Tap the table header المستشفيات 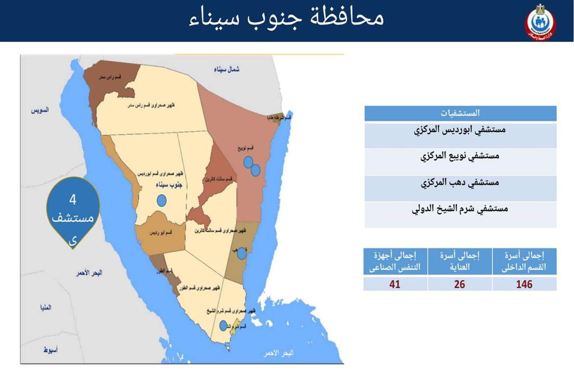pyautogui.click(x=460, y=113)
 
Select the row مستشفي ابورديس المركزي pyautogui.click(x=460, y=131)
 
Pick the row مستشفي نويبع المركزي pyautogui.click(x=460, y=157)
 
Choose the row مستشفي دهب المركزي pyautogui.click(x=460, y=183)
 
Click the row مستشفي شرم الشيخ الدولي pyautogui.click(x=460, y=209)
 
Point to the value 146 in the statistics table pyautogui.click(x=524, y=284)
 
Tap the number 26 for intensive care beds pyautogui.click(x=460, y=284)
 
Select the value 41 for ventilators pyautogui.click(x=395, y=284)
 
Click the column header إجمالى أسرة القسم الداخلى pyautogui.click(x=524, y=261)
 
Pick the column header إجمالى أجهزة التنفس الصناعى pyautogui.click(x=395, y=261)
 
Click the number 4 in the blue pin pyautogui.click(x=73, y=200)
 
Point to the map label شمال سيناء pyautogui.click(x=227, y=70)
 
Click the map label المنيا pyautogui.click(x=43, y=307)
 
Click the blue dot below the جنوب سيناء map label pyautogui.click(x=162, y=201)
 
